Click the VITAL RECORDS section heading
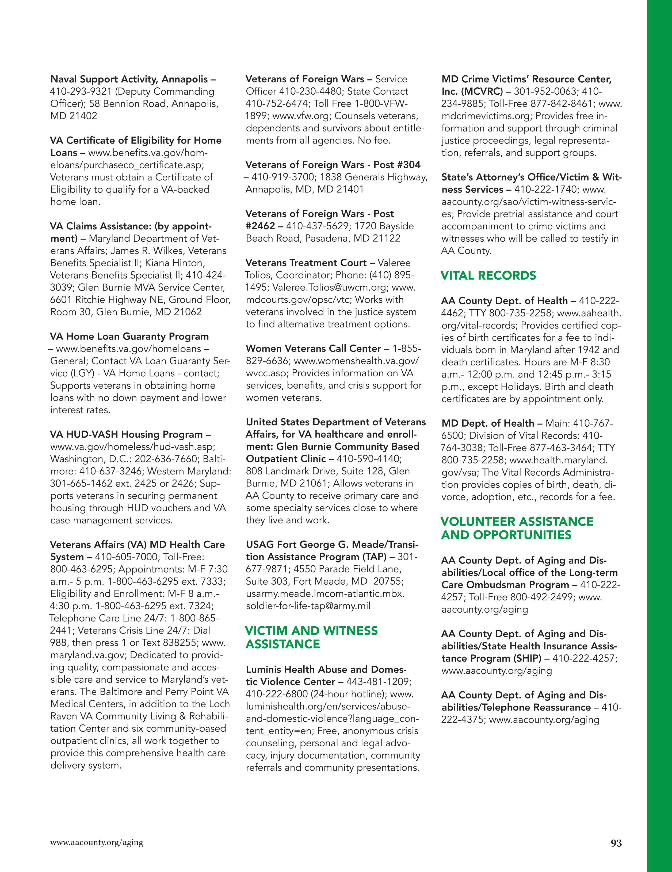point(488,276)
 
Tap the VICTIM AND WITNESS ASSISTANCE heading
point(311,637)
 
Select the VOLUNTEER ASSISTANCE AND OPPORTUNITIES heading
point(517,528)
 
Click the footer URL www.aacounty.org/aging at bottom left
point(96,843)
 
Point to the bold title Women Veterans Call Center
point(314,349)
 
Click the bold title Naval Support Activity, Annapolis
point(129,79)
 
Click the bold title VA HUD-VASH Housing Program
point(127,434)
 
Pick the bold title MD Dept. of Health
point(487,423)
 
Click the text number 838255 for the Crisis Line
point(183,643)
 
